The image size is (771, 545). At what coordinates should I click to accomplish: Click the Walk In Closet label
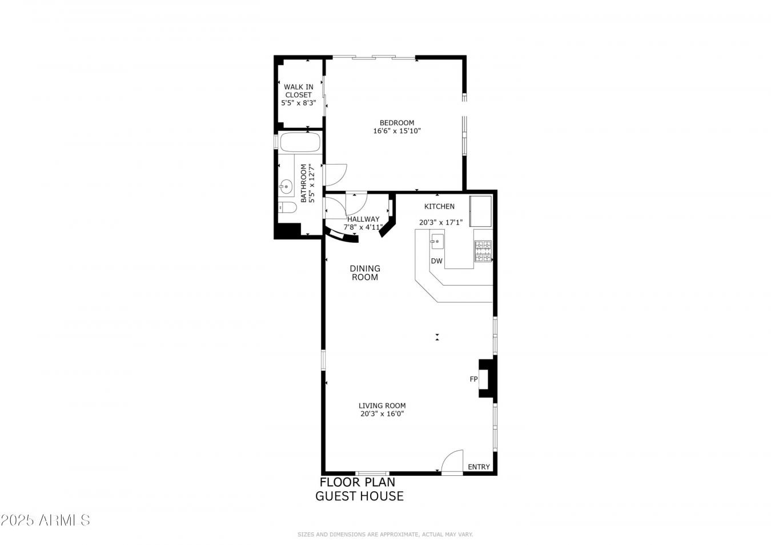coord(298,91)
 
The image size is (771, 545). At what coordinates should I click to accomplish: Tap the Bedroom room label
coord(397,123)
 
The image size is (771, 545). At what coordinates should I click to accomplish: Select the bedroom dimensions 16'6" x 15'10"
coord(397,131)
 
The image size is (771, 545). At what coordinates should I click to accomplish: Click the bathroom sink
coord(286,186)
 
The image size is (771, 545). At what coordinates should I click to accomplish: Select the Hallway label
coord(363,219)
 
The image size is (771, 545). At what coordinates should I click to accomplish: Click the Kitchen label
coord(439,206)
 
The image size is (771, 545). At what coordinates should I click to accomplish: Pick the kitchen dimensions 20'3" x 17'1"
coord(440,222)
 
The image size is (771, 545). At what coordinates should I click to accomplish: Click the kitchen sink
coord(437,242)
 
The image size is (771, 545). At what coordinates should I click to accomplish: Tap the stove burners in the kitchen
coord(483,251)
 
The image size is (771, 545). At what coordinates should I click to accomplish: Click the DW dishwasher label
coord(437,261)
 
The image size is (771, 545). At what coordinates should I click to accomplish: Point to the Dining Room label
coord(365,272)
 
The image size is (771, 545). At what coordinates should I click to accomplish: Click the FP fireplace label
coord(473,379)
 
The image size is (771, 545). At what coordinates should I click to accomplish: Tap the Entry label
coord(479,467)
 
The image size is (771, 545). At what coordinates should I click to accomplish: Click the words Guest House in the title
coord(359,496)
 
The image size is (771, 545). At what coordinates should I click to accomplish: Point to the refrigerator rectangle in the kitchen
coord(480,210)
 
